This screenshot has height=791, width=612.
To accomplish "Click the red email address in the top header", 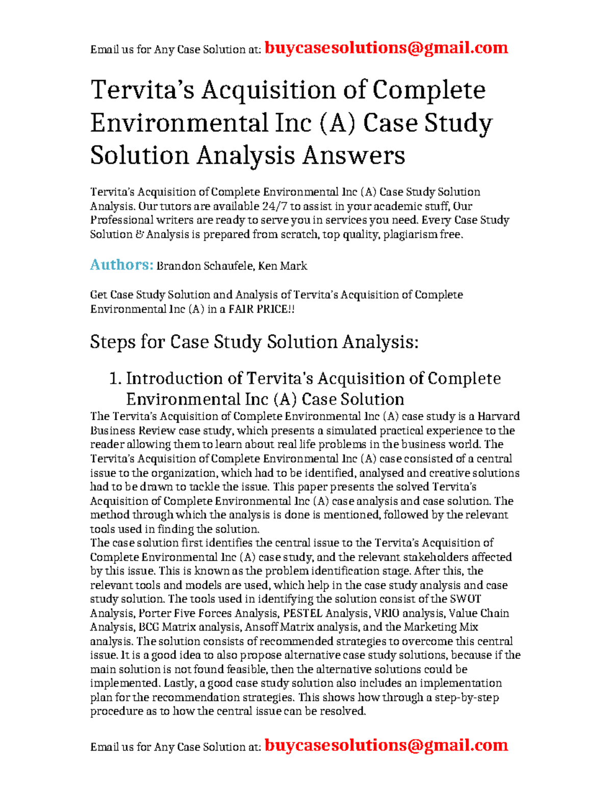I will [x=386, y=48].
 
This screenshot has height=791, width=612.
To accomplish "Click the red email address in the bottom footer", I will [x=386, y=745].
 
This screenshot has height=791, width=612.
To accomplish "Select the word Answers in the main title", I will [x=353, y=155].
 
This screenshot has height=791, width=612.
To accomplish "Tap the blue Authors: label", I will [x=121, y=265].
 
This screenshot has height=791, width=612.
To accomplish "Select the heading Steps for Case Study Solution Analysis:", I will [x=254, y=342].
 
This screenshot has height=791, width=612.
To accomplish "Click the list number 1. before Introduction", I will [x=115, y=378].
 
